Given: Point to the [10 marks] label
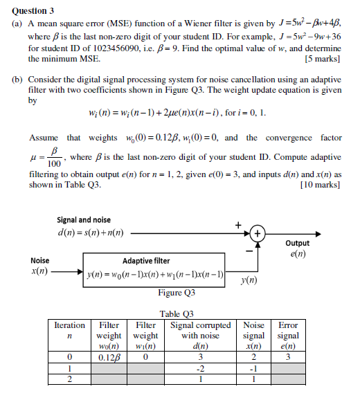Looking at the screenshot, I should tap(318, 185).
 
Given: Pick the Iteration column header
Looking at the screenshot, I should tap(69, 325).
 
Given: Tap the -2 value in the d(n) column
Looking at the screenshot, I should tap(200, 368).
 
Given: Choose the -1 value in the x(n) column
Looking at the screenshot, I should tap(254, 368).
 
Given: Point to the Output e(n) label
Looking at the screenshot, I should tap(297, 248).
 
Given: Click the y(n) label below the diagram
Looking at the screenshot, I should tap(248, 280).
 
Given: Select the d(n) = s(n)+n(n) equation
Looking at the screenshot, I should tap(90, 233).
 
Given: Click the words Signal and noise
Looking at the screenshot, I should tap(83, 219).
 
